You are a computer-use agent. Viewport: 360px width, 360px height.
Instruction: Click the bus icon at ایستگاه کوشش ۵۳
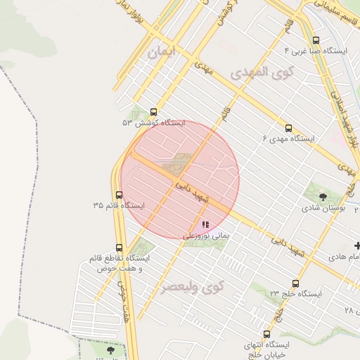click(x=154, y=112)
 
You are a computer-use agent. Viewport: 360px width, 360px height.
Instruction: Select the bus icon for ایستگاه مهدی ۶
click(x=288, y=128)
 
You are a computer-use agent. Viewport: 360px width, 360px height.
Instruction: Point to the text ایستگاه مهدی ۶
click(x=287, y=139)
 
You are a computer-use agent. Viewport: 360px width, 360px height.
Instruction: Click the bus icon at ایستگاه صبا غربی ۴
click(x=315, y=40)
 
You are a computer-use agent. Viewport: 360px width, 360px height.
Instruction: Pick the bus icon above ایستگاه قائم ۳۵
click(x=118, y=195)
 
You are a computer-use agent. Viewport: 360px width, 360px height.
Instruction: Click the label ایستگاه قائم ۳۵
click(x=118, y=206)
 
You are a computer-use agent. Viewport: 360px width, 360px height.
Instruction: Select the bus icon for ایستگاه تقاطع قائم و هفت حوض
click(x=118, y=247)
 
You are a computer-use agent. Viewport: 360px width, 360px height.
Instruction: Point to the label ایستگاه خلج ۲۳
click(x=295, y=293)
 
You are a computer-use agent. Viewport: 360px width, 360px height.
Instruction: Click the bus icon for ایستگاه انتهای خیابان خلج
click(x=266, y=334)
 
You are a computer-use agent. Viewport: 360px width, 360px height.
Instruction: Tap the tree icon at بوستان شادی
click(x=323, y=197)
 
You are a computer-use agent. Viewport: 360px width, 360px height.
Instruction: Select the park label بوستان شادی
click(x=323, y=208)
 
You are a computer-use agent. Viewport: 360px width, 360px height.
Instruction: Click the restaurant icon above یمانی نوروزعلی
click(x=205, y=224)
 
